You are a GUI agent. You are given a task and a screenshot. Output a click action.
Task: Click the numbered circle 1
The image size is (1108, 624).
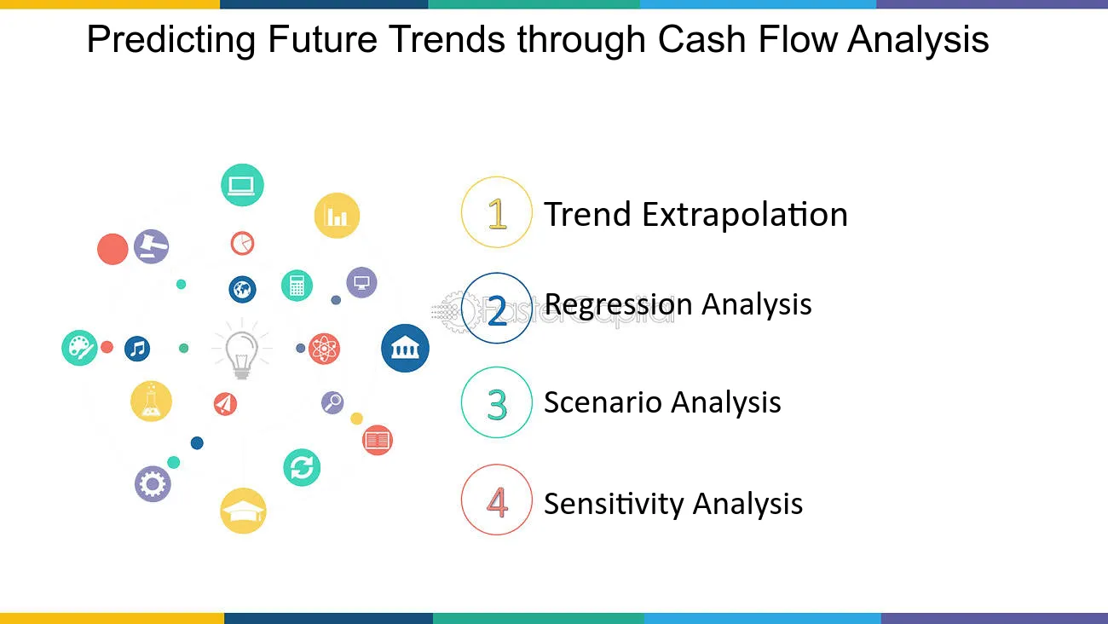[497, 212]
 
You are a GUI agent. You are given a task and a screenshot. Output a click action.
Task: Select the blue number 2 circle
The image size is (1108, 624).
[497, 309]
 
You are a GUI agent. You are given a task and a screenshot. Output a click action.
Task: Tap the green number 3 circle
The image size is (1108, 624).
[497, 402]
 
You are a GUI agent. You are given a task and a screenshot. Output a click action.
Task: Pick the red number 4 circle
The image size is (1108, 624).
[497, 500]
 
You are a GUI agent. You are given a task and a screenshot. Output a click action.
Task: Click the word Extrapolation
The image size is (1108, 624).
[744, 215]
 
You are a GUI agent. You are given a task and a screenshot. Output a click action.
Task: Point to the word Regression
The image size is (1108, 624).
[618, 304]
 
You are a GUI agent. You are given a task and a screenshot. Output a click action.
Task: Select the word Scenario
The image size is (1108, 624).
[598, 402]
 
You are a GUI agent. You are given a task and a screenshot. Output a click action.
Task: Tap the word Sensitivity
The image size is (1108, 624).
[614, 504]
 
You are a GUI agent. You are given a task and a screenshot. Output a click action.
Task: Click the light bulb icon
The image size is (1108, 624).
[240, 350]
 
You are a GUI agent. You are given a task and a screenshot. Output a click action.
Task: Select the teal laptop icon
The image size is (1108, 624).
[242, 185]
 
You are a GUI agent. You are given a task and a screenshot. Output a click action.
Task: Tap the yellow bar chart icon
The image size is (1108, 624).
[337, 216]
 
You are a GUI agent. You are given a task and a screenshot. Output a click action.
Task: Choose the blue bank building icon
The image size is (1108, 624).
[405, 348]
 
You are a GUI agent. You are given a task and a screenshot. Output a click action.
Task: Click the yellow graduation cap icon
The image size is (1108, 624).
[243, 511]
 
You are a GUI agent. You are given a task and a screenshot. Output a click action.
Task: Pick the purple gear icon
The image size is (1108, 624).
[153, 484]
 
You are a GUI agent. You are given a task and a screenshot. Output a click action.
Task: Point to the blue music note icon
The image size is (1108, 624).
[137, 348]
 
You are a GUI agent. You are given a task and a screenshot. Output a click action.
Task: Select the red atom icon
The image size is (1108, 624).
[325, 349]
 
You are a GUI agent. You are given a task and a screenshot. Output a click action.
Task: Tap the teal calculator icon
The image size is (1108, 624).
[297, 286]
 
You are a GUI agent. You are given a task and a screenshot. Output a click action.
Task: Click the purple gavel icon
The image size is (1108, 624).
[151, 246]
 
